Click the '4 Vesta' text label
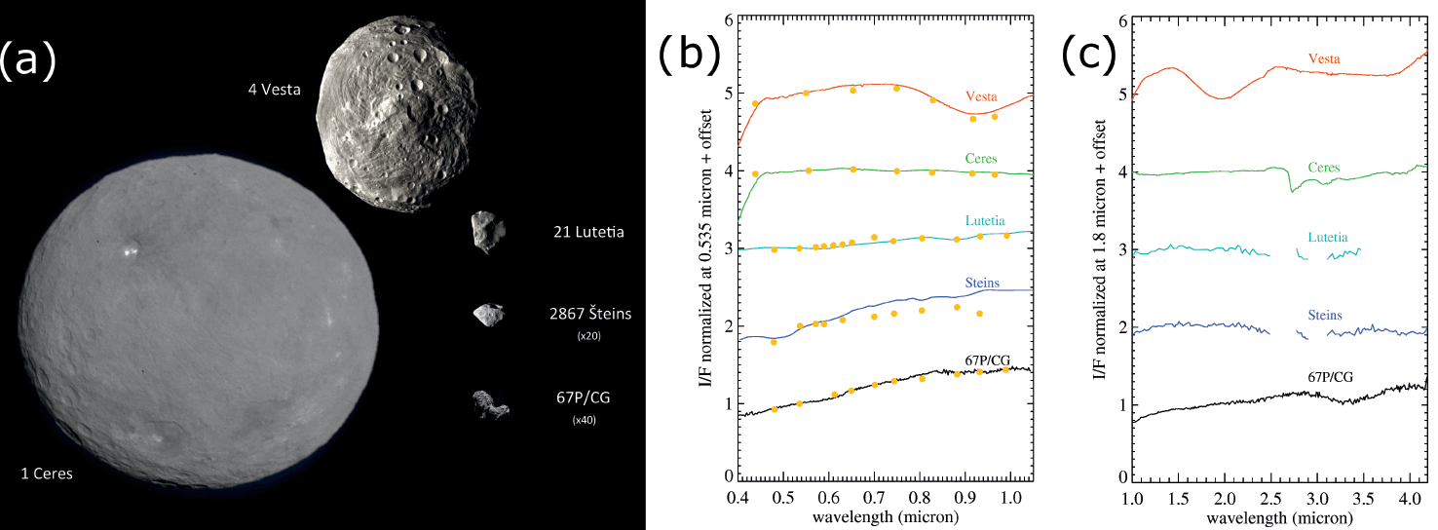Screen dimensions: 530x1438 274,91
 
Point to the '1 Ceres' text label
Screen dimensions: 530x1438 47,474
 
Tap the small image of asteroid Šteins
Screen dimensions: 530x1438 488,314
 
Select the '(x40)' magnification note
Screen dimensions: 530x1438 586,420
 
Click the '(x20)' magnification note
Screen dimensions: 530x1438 586,335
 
